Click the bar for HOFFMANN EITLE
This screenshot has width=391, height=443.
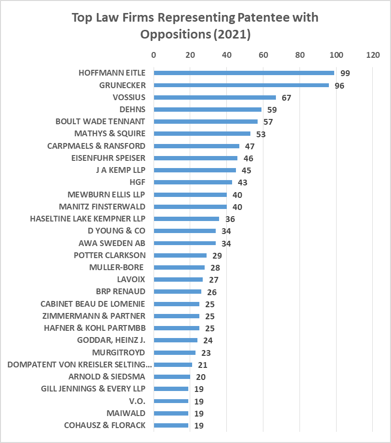244,73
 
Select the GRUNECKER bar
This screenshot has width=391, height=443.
241,85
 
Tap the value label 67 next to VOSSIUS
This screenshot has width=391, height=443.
287,98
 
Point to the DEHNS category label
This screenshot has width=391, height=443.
132,109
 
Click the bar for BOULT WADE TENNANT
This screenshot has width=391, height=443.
206,121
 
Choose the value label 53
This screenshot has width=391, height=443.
261,134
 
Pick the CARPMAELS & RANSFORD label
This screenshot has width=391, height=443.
96,145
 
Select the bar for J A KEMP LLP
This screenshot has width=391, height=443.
195,170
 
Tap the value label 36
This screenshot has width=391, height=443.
230,219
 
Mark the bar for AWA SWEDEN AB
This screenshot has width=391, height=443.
184,243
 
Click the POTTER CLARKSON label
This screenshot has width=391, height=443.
110,255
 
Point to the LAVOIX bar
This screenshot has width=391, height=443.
178,279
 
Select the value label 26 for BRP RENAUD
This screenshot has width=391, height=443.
211,292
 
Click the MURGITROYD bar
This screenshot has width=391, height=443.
174,352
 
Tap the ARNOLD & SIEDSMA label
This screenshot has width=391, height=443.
107,377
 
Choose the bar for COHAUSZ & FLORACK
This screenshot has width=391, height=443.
171,425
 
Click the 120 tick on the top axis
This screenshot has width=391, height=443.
373,55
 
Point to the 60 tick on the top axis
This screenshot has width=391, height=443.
263,55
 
